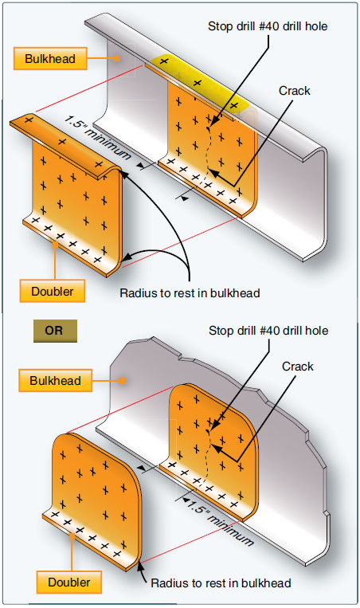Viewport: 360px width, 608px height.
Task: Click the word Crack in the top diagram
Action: click(x=294, y=91)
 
